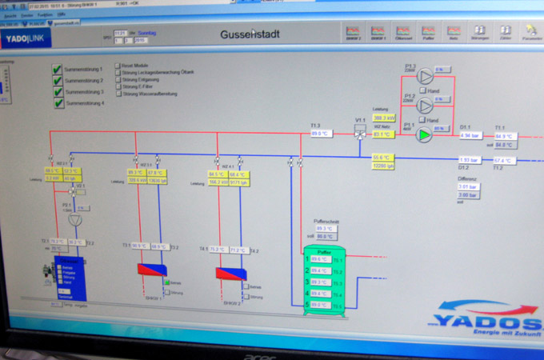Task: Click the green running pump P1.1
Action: [425, 134]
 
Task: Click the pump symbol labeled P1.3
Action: [425, 77]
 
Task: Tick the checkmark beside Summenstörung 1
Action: [57, 70]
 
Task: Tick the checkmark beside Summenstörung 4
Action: [57, 103]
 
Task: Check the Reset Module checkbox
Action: [118, 66]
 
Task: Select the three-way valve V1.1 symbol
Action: [360, 134]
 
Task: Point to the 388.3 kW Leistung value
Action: [384, 118]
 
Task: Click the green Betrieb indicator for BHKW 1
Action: [167, 282]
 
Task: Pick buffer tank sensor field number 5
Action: [321, 305]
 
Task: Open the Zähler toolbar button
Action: [506, 33]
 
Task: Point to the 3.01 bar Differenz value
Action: [468, 186]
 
